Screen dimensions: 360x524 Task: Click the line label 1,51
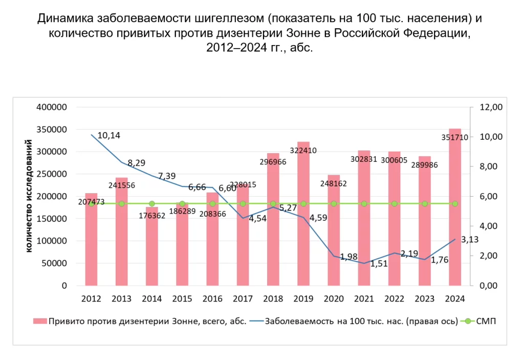click(x=379, y=264)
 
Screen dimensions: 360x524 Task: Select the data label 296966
click(x=273, y=162)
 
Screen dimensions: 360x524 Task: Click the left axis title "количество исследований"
click(x=29, y=196)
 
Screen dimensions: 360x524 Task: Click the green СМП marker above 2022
click(x=395, y=204)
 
